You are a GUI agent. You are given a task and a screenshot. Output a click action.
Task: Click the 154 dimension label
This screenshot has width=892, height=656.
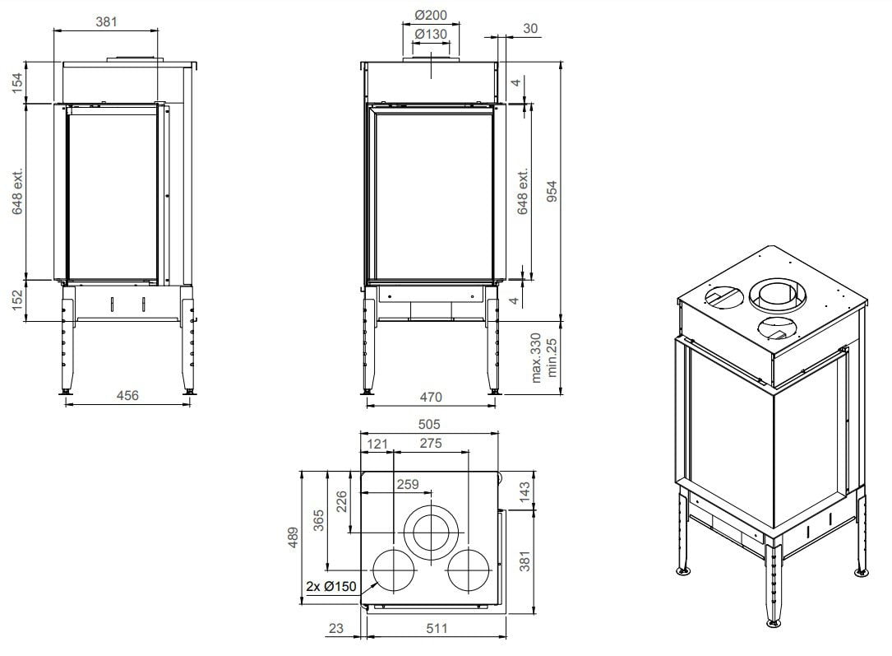tap(17, 82)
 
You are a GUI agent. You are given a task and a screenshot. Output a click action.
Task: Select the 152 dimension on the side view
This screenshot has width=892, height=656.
tap(17, 300)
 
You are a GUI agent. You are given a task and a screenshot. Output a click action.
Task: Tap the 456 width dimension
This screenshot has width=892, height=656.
tap(127, 395)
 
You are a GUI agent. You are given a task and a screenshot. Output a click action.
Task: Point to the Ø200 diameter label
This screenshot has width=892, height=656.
tap(430, 15)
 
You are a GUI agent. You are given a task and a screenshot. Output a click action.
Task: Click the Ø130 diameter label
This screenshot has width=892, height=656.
tap(430, 34)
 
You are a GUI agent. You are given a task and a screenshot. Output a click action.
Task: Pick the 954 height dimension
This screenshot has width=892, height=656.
tap(552, 192)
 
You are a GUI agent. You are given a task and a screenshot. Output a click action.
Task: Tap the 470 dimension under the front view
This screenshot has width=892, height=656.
tap(430, 397)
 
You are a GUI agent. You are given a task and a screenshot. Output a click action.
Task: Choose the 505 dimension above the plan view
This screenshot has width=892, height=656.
tap(429, 425)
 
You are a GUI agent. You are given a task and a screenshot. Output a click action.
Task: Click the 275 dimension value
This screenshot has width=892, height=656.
tap(430, 444)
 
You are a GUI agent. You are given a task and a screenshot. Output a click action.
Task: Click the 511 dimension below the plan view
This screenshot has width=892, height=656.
tap(437, 628)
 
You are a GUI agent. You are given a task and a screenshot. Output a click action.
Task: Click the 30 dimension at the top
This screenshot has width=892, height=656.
tap(530, 29)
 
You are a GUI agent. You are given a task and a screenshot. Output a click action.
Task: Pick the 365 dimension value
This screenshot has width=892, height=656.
tap(320, 522)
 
